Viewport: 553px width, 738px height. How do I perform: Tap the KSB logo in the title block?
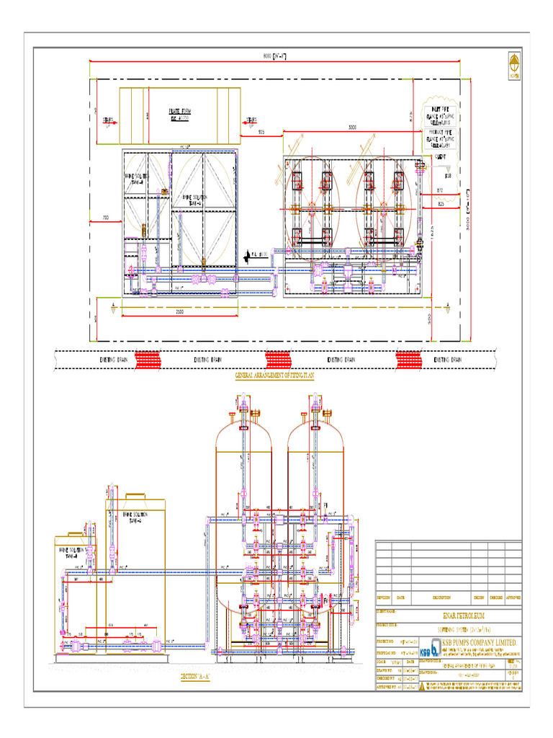[431, 645]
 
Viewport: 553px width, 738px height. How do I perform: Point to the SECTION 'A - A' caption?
[195, 677]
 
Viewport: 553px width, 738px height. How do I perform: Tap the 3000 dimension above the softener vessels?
[351, 128]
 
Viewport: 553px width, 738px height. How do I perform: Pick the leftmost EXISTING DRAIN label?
[113, 359]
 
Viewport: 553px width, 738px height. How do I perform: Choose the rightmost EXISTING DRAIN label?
[447, 359]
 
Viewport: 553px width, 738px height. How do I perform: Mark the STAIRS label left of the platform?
[109, 120]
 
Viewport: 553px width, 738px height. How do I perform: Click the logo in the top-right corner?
[514, 65]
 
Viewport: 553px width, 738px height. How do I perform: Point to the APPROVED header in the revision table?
[513, 597]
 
